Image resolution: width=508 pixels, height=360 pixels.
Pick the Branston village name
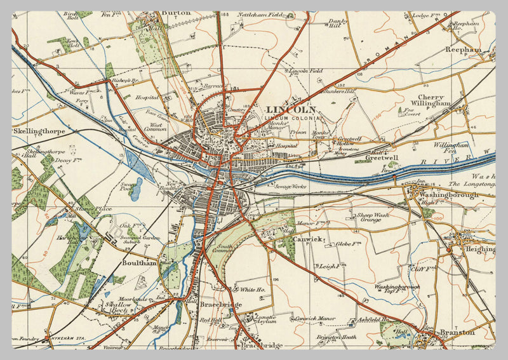point(457,331)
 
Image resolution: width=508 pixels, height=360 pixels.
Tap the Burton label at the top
point(176,12)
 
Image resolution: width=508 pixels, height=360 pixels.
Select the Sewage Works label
point(291,187)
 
